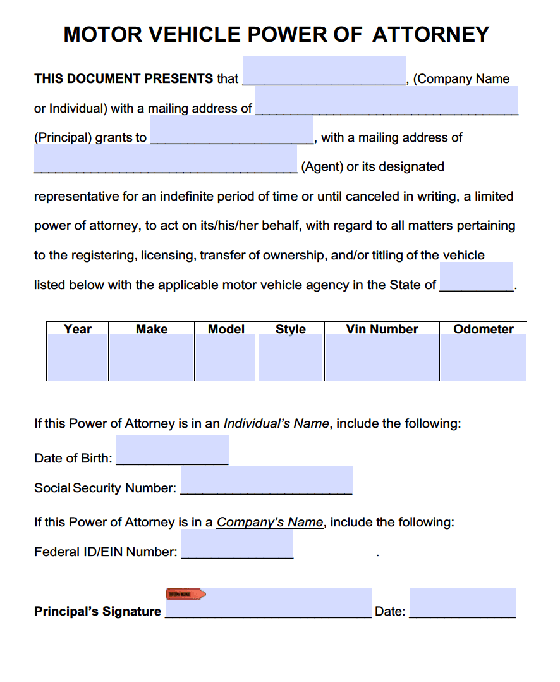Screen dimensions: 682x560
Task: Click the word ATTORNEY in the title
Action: point(430,34)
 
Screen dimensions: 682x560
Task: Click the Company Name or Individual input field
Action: point(324,71)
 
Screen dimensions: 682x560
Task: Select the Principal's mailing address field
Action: point(386,101)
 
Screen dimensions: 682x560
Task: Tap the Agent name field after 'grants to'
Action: point(231,131)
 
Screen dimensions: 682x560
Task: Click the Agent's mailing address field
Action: point(165,160)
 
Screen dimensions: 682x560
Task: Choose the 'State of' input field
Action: point(476,277)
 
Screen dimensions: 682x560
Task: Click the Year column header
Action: point(77,329)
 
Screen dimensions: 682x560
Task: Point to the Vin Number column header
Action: point(382,329)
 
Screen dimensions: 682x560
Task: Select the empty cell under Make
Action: point(152,357)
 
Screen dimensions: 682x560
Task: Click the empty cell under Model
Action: point(226,357)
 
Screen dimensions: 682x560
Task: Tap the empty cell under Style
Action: point(290,357)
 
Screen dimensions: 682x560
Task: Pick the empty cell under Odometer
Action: point(483,357)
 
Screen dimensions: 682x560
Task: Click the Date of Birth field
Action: point(172,450)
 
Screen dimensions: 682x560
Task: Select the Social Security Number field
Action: point(266,480)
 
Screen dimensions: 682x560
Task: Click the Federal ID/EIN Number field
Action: point(237,544)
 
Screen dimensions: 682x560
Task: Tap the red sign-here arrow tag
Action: point(185,594)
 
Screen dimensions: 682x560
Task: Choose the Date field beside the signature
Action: point(462,604)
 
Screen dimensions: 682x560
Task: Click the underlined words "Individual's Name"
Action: point(276,424)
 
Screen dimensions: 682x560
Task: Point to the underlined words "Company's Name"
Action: point(270,523)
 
